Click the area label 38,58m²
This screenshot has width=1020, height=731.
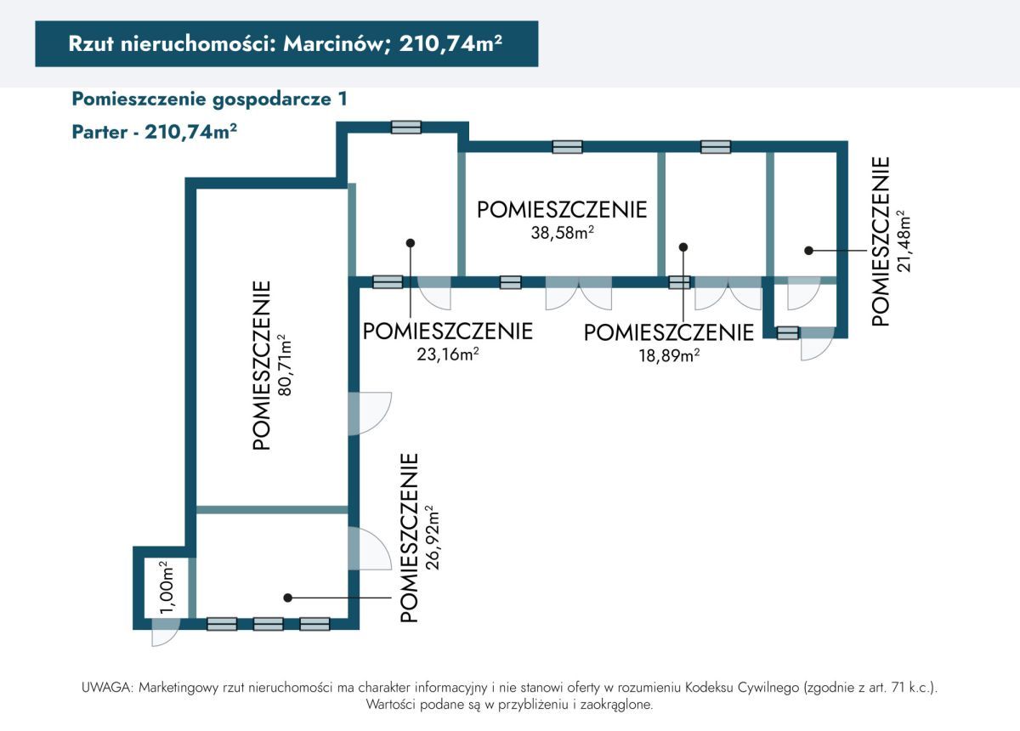[x=562, y=233]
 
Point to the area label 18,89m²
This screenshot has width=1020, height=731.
[x=668, y=355]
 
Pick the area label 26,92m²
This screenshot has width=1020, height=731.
[x=430, y=537]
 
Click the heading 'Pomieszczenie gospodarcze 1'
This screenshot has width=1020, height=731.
[x=209, y=99]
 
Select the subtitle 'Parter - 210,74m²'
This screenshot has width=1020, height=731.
[x=154, y=133]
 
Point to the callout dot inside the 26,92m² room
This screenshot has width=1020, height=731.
[x=288, y=598]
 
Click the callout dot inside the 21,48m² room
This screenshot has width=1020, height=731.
[x=808, y=251]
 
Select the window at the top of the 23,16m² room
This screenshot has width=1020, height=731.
[x=406, y=127]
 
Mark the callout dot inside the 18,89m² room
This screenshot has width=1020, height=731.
[x=683, y=246]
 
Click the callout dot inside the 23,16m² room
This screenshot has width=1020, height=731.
[x=411, y=242]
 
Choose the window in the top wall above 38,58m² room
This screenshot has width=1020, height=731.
[x=567, y=147]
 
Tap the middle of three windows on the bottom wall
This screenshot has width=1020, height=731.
[x=268, y=624]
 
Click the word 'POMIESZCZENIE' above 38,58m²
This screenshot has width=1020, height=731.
[x=562, y=210]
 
